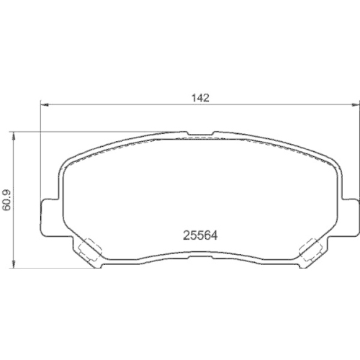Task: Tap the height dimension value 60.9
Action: point(7,199)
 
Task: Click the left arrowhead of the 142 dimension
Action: point(42,105)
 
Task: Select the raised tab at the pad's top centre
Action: point(200,134)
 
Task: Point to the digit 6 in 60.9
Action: point(7,209)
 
